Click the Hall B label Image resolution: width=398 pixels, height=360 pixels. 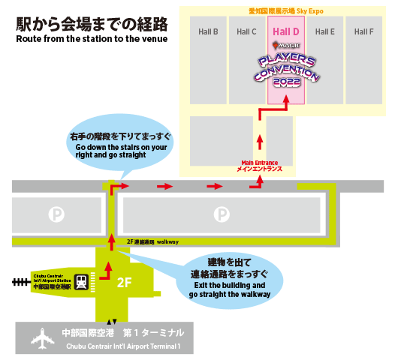point(208,31)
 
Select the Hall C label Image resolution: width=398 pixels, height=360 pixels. point(246,31)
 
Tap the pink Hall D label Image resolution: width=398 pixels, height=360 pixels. point(286,31)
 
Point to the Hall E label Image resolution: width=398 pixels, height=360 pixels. point(325,31)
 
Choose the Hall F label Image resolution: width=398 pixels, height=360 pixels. point(363,31)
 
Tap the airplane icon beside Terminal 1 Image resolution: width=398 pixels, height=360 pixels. point(42,338)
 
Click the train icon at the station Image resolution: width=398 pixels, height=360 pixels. point(81,282)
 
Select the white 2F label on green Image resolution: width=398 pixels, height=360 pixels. point(124,283)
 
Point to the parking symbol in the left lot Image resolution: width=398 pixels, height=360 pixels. point(56,214)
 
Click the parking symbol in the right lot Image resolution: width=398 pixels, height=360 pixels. point(222,214)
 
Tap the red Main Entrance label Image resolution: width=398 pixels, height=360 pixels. point(259,166)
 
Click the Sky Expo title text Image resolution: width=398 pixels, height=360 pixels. point(286,11)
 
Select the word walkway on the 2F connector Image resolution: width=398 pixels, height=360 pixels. point(167,241)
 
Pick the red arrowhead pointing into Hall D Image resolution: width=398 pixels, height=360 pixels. point(286,99)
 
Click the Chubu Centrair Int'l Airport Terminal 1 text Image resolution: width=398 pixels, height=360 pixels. point(123,346)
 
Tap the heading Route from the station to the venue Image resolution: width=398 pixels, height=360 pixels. point(92,39)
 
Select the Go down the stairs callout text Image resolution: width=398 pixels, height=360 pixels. point(121,151)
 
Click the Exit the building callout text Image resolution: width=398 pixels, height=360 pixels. point(230,289)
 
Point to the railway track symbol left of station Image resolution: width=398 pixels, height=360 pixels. point(21,282)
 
